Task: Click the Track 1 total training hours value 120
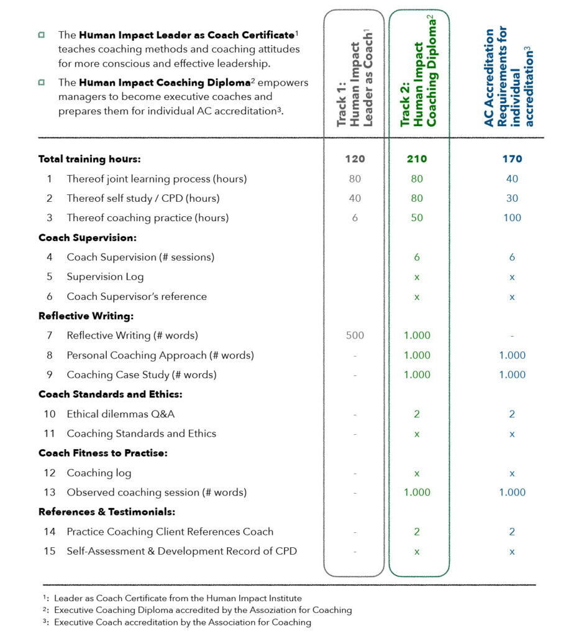(x=355, y=159)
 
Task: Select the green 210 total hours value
(x=417, y=159)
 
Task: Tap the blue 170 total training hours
(x=512, y=159)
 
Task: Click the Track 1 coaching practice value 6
(x=355, y=218)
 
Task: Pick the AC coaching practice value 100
(x=512, y=218)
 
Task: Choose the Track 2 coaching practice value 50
(x=417, y=218)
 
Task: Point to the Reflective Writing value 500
(x=355, y=335)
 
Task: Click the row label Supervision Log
(x=105, y=277)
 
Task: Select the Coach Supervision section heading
(x=87, y=238)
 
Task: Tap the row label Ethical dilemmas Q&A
(x=116, y=414)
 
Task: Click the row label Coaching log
(x=99, y=473)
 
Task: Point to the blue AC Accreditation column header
(x=509, y=76)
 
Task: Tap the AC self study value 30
(x=512, y=199)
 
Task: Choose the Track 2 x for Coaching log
(x=417, y=473)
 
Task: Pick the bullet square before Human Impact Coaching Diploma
(x=41, y=83)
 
